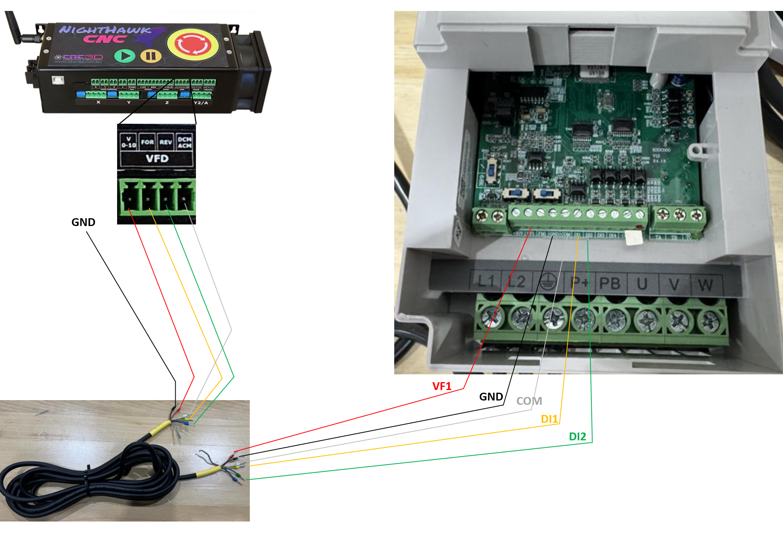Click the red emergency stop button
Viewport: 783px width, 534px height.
coord(192,44)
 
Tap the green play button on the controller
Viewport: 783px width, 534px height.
coord(125,56)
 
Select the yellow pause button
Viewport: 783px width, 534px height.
coord(151,56)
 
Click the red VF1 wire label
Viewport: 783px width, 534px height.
coord(442,386)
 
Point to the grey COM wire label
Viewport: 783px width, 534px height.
coord(529,401)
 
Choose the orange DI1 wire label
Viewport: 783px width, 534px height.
coord(549,419)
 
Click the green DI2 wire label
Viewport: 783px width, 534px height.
coord(577,437)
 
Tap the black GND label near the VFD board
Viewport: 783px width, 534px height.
coord(491,397)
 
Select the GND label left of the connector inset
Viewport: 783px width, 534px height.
coord(83,222)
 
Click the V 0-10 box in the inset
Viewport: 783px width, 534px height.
coord(128,142)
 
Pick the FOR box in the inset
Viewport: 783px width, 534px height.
coord(148,142)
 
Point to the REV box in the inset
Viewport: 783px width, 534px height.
coord(165,142)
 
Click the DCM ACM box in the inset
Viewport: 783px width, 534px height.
coord(185,142)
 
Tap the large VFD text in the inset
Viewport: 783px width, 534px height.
coord(157,159)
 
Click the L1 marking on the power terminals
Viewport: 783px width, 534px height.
coord(486,281)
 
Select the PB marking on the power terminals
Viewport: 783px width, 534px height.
coord(610,283)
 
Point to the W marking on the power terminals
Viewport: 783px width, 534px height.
coord(705,285)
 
